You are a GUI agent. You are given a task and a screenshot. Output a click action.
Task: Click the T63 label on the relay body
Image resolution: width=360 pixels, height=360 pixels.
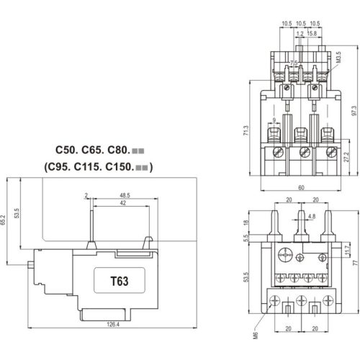(120, 281)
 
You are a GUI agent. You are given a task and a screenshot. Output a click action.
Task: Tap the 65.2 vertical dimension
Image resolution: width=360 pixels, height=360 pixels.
(3, 220)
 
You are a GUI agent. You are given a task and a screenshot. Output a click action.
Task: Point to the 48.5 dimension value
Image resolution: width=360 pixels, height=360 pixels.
(125, 195)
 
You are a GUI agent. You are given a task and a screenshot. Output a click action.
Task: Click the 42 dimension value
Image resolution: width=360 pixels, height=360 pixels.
(123, 203)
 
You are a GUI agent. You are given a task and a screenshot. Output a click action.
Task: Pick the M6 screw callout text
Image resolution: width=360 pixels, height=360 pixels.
(256, 336)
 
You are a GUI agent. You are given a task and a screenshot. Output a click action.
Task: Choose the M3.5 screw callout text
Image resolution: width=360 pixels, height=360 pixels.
(338, 57)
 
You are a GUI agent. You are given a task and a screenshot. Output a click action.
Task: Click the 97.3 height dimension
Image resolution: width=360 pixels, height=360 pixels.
(354, 111)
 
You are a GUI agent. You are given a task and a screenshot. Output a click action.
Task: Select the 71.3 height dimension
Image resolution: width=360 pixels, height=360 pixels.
(246, 130)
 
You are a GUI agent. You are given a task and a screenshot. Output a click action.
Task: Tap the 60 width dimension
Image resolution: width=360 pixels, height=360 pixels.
(301, 187)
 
